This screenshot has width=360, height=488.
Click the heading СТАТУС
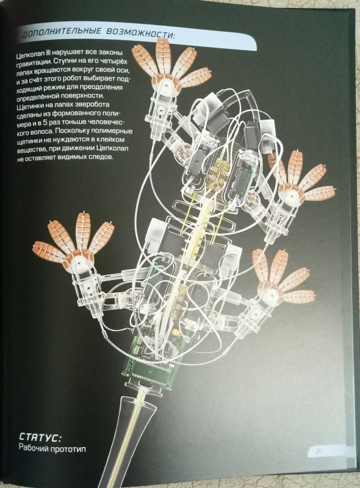[40, 437]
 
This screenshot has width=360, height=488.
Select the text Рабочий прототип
[52, 448]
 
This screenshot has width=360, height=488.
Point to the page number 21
[319, 451]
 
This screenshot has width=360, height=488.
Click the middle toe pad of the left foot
[83, 231]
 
